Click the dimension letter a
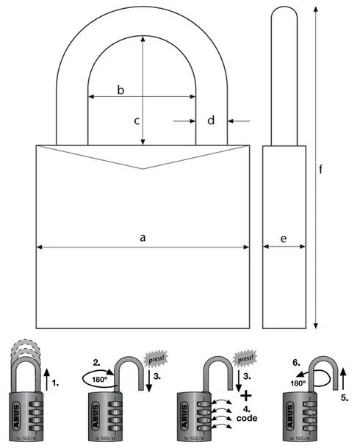pos(143,237)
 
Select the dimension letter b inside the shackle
pos(121,89)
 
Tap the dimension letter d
pos(211,120)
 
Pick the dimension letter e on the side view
pos(284,238)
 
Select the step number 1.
pos(62,383)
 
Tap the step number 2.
pos(96,363)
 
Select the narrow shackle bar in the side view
pos(284,73)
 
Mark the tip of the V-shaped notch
pos(143,168)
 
